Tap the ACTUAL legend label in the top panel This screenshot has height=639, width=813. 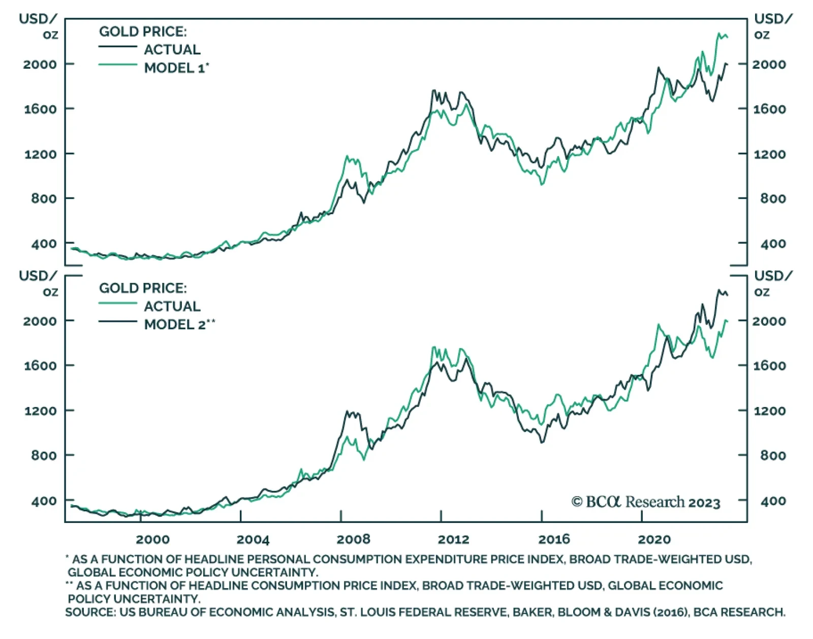172,49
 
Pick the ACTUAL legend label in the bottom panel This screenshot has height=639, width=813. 172,306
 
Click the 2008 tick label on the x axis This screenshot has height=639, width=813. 353,539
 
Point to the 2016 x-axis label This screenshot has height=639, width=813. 554,539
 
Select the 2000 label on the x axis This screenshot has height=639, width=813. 152,539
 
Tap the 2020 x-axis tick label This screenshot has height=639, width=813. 654,539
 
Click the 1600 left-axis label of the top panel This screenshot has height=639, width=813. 40,109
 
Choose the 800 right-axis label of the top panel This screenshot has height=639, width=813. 773,198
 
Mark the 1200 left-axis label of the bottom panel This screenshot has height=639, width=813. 40,411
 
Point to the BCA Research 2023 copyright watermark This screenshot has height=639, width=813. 646,502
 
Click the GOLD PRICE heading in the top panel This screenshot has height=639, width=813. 143,32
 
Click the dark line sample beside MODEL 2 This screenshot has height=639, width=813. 118,322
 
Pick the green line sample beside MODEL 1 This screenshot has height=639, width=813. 118,65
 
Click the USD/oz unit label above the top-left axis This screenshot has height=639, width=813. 38,26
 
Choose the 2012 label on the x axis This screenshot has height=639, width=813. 453,539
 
